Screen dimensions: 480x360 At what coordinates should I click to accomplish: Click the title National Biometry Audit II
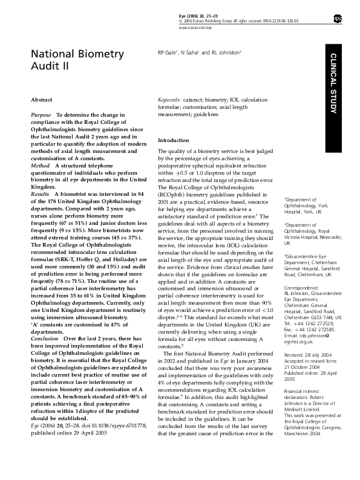tap(77, 60)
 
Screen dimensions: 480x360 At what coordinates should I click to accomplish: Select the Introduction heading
tap(174, 140)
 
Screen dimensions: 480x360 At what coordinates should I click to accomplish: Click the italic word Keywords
tap(169, 99)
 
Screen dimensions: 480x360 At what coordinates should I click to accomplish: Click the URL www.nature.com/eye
tap(195, 28)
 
